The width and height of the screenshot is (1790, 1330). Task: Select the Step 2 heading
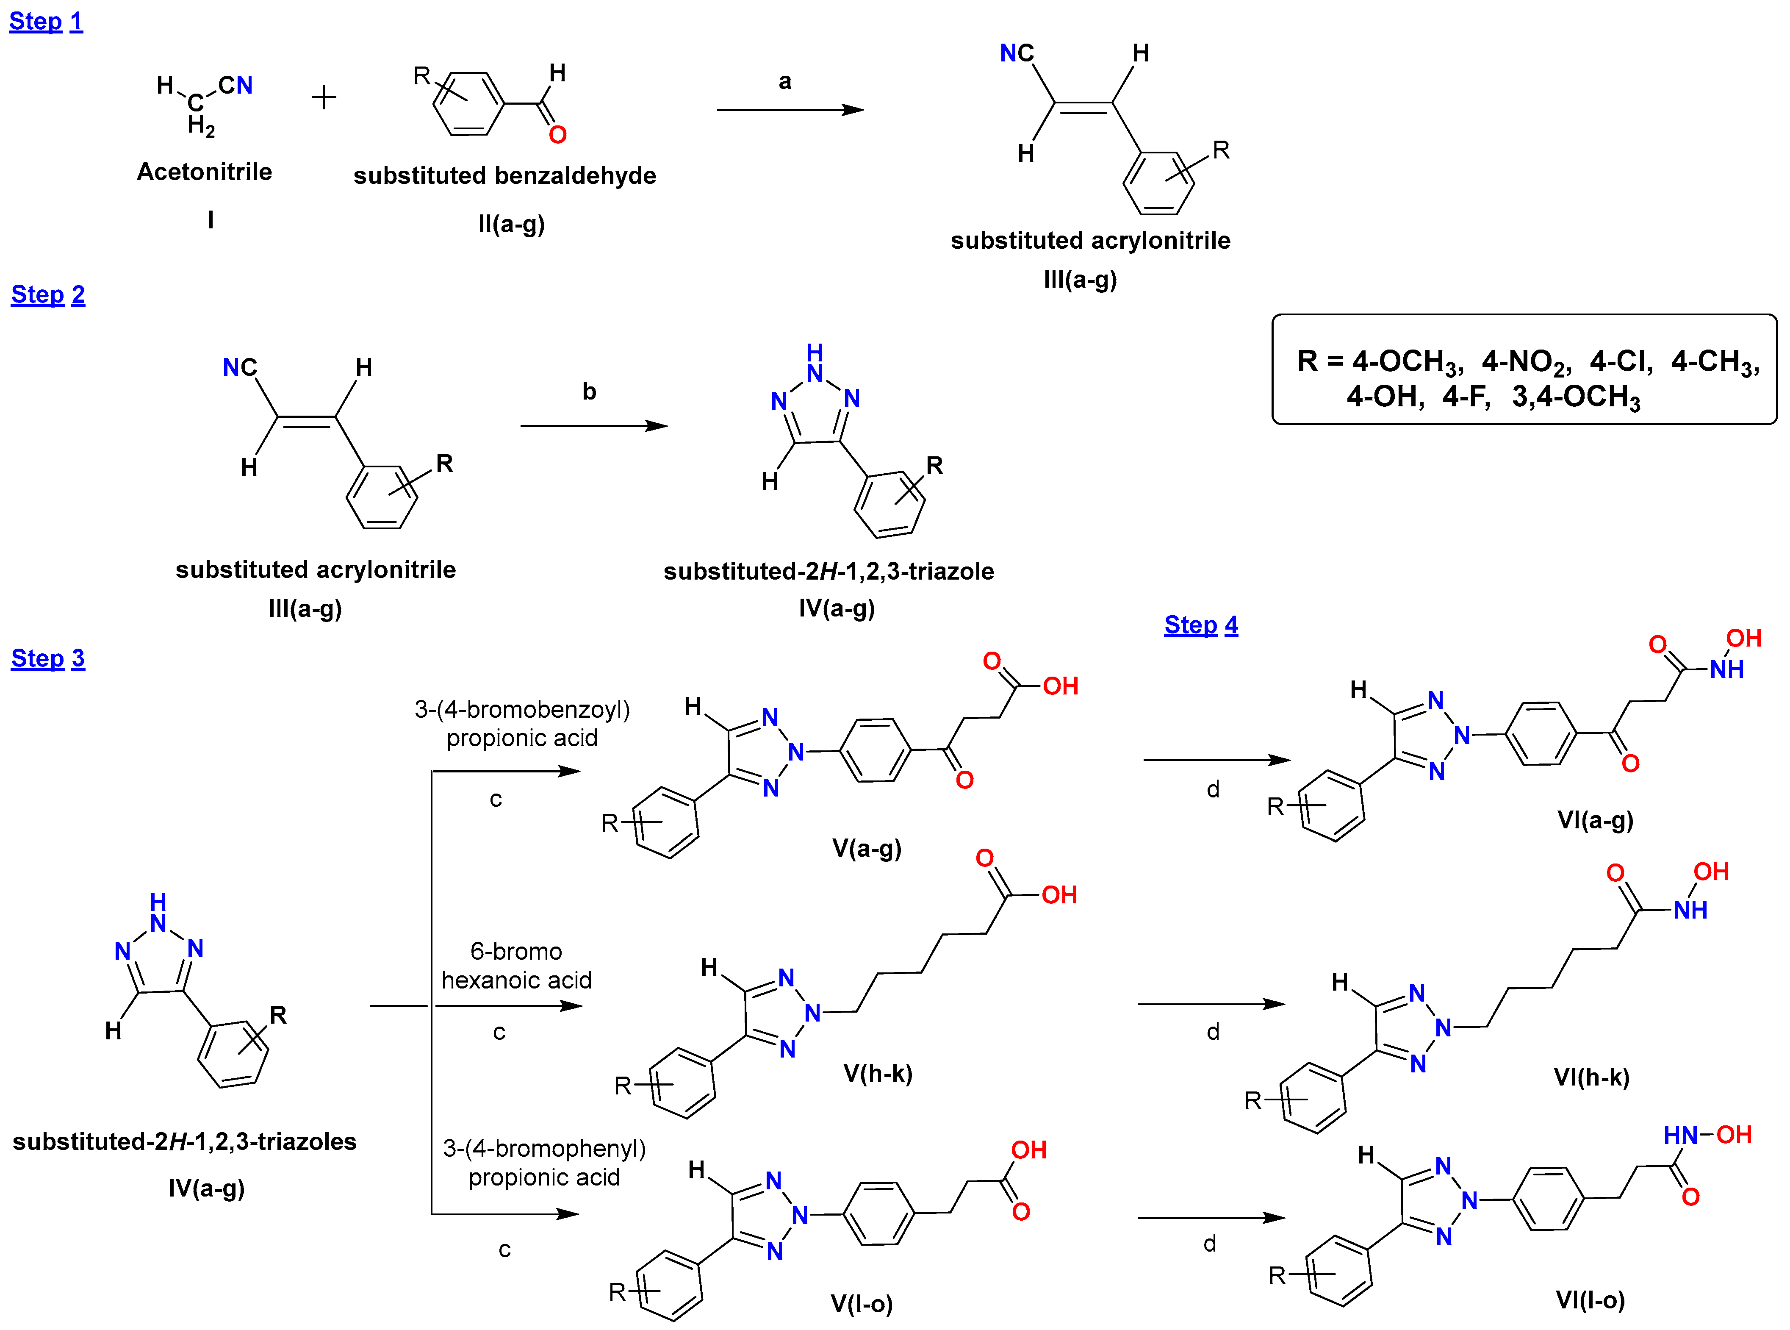pos(47,294)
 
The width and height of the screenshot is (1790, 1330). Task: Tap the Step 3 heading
pos(47,658)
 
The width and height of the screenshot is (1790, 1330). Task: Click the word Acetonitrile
pos(205,172)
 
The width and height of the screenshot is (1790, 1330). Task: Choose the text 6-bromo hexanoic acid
pos(517,965)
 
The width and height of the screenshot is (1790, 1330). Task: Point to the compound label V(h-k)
pos(877,1073)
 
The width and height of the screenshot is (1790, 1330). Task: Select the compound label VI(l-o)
pos(1590,1300)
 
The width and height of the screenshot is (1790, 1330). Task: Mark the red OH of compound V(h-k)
pos(1059,895)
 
